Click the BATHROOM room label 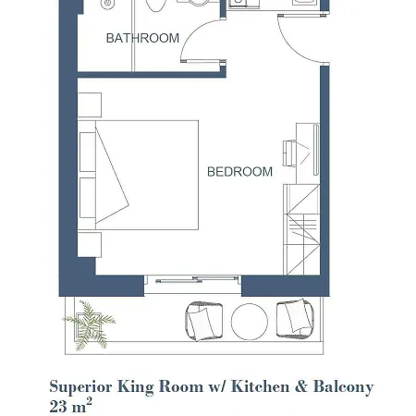pos(142,38)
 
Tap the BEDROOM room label pos(239,172)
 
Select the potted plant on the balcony pos(90,325)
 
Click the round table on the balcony pos(250,322)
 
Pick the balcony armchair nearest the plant pos(203,322)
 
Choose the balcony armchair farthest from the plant pos(295,318)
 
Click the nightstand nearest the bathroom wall pos(90,105)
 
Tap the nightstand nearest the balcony pos(90,245)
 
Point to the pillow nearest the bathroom pos(88,152)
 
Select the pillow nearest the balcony pos(88,198)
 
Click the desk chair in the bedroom pos(289,153)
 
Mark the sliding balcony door pos(193,280)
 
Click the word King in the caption pos(135,387)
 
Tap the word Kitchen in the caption pos(260,386)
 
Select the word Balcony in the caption pos(343,387)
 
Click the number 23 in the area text pos(58,407)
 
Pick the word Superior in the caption pos(80,387)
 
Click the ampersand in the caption pos(301,386)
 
